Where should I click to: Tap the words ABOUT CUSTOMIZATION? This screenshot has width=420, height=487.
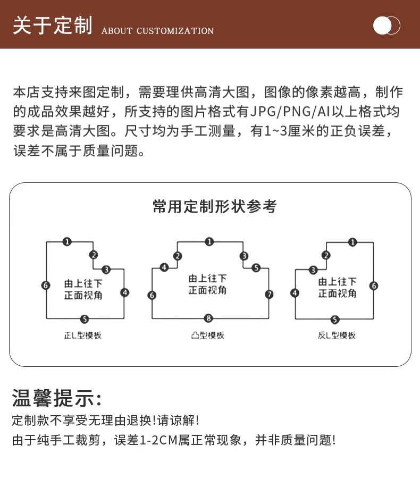click(157, 31)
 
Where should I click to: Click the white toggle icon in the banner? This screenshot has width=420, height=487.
click(386, 26)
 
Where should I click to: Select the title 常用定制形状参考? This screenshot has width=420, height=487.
click(214, 206)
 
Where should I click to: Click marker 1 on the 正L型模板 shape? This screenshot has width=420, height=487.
click(67, 242)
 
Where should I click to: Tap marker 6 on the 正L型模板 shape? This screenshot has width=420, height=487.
click(46, 286)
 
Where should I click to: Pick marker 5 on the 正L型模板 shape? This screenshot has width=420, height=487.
click(85, 319)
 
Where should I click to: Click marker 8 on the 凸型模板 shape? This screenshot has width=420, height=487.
click(209, 318)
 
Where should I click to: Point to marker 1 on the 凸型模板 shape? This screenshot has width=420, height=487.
click(209, 242)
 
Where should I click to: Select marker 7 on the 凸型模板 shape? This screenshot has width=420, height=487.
click(269, 294)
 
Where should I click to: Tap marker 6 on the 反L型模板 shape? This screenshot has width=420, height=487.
click(374, 286)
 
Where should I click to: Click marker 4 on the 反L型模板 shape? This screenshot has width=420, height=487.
click(295, 293)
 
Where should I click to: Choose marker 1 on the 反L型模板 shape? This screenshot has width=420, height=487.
click(352, 242)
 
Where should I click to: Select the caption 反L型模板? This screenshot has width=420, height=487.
click(337, 335)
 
